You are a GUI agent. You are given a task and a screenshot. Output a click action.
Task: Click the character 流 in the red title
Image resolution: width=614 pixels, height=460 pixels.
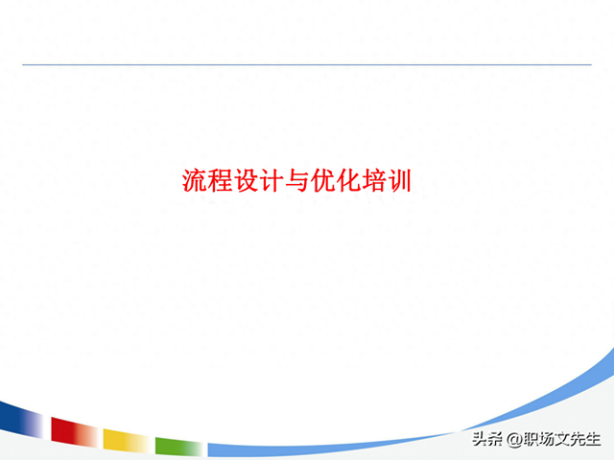[195, 180]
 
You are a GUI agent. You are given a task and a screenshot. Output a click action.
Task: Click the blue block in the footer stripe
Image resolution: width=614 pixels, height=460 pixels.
[19, 419]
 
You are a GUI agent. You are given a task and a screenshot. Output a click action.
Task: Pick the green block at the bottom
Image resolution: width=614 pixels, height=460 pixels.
[177, 446]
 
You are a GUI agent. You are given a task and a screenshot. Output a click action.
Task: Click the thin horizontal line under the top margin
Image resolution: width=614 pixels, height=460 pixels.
[307, 64]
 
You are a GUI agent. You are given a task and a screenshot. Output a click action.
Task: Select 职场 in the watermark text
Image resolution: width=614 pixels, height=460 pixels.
[538, 440]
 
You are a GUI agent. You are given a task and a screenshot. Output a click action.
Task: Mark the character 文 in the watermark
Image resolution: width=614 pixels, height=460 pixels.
[562, 440]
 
